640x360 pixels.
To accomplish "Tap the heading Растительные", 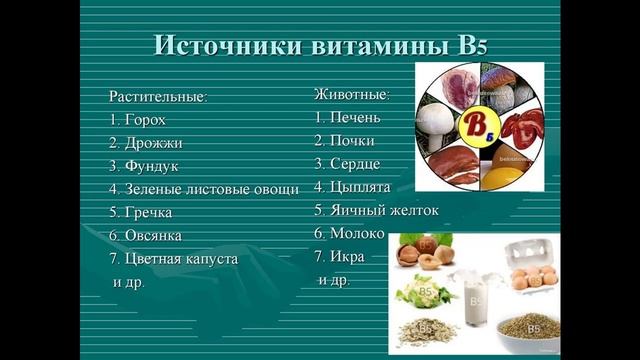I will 157,97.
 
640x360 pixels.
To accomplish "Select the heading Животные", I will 351,95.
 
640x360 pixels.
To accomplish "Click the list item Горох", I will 145,119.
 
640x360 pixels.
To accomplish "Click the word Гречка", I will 149,212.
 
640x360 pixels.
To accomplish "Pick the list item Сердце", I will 355,164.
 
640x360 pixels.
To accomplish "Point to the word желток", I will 411,210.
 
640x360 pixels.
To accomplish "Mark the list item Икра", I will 347,256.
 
